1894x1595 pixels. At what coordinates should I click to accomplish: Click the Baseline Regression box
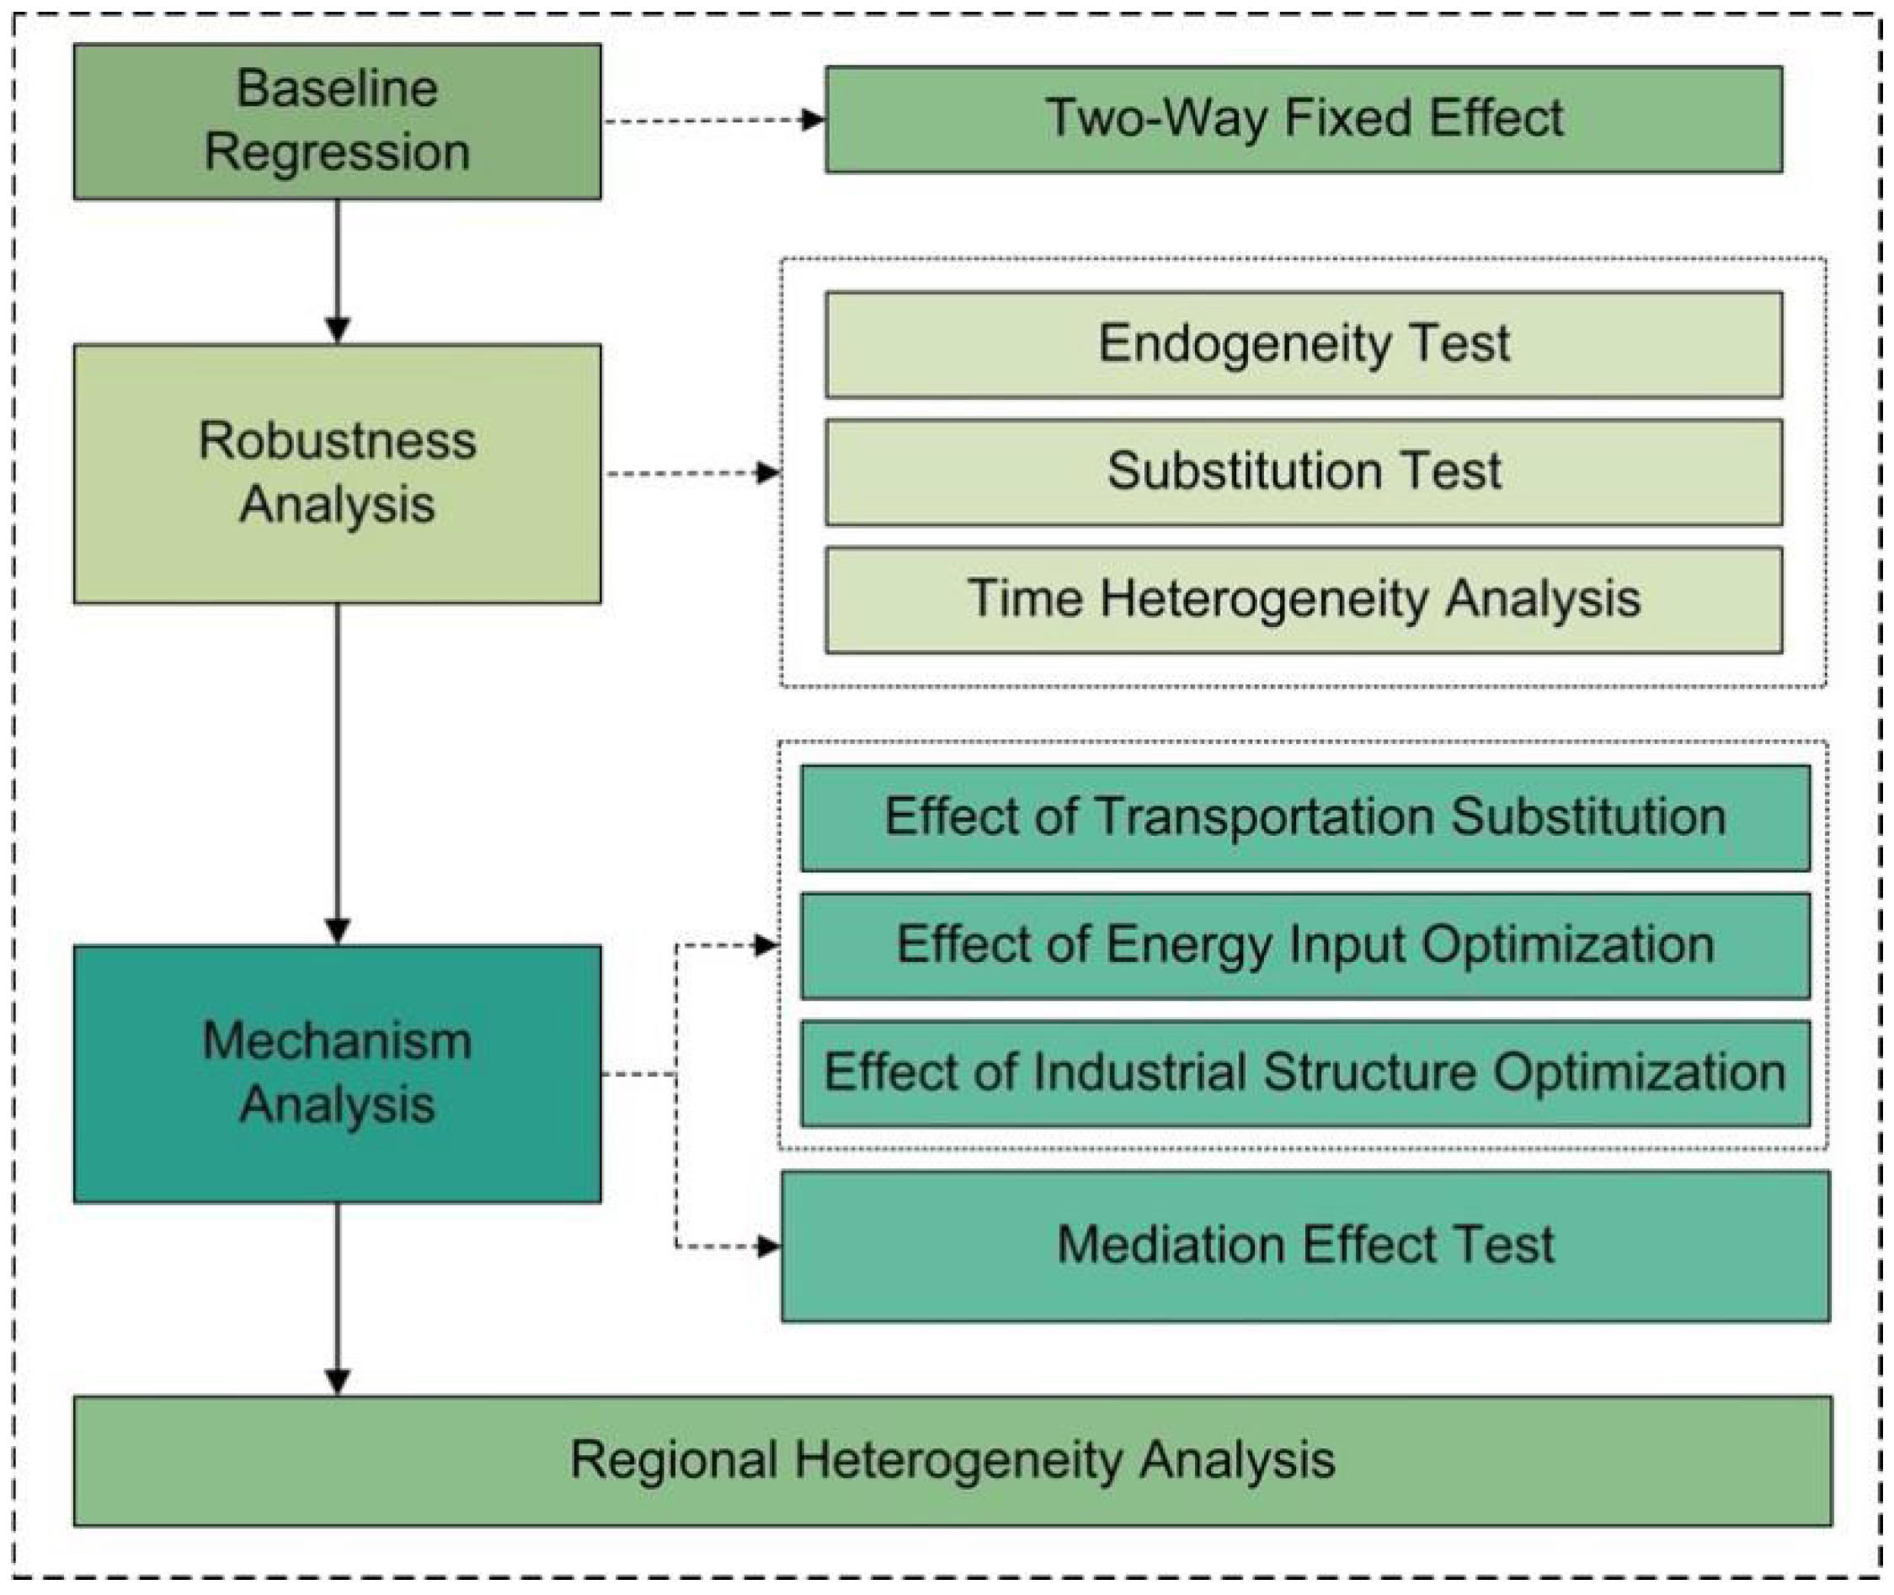[x=337, y=121]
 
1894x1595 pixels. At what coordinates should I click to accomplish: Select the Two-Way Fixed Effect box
[x=1304, y=120]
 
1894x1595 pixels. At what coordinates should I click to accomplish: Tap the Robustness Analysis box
[x=337, y=473]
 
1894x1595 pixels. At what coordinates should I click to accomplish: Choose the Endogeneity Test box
[x=1304, y=344]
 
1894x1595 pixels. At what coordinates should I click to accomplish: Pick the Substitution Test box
[x=1304, y=472]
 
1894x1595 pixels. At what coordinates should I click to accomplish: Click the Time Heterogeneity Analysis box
[x=1304, y=599]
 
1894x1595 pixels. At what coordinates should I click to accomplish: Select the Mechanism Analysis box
[x=337, y=1073]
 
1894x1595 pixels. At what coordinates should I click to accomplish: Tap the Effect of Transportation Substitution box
[x=1305, y=818]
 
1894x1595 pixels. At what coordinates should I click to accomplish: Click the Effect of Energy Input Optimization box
[x=1305, y=946]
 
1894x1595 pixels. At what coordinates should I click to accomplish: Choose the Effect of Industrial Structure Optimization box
[x=1305, y=1073]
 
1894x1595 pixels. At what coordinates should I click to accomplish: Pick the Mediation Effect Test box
[x=1305, y=1246]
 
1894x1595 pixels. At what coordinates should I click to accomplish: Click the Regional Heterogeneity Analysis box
[x=952, y=1460]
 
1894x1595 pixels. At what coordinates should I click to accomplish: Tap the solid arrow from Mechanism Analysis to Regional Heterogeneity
[x=338, y=1298]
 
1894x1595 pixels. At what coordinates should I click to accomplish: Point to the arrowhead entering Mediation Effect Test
[x=769, y=1247]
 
